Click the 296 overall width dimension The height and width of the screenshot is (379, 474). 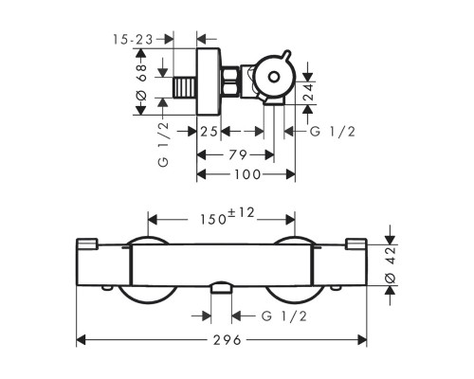(228, 340)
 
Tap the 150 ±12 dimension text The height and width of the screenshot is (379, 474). (228, 217)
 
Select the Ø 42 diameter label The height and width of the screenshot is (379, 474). (391, 265)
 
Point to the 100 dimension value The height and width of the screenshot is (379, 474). (247, 174)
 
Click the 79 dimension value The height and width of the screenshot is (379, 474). (238, 155)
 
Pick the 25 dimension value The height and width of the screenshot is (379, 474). (209, 132)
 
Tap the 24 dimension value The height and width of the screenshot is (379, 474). (308, 92)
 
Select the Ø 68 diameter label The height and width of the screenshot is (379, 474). (141, 82)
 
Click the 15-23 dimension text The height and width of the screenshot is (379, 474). (133, 40)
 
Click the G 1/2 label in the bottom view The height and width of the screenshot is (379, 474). (284, 316)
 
